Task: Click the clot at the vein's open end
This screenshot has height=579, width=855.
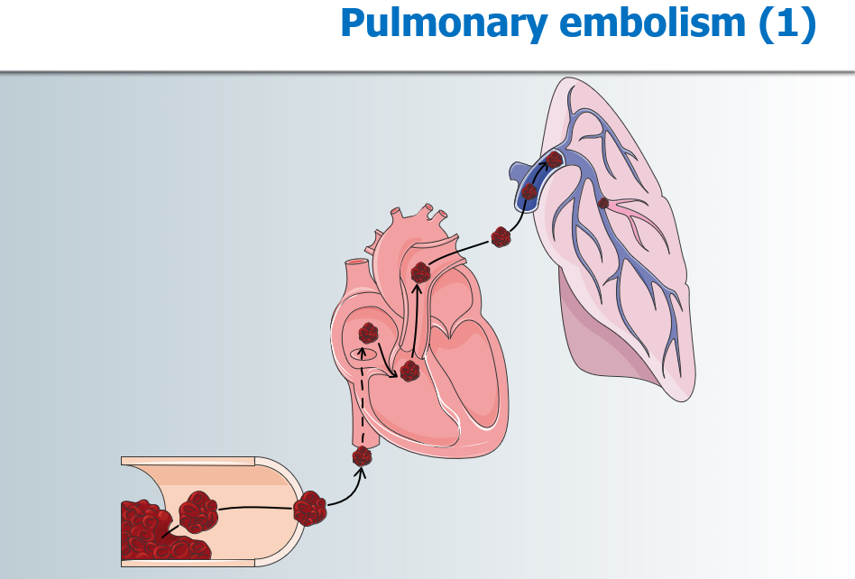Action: [309, 510]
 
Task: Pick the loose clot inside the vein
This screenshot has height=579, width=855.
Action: [198, 512]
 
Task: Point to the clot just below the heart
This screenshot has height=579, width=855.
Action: [362, 456]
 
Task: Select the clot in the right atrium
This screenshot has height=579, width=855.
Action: [368, 334]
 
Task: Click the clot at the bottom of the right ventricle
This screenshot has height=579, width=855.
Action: [410, 370]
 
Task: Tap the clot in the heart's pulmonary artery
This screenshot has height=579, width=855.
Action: [420, 272]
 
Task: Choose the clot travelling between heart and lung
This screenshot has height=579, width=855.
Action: [501, 237]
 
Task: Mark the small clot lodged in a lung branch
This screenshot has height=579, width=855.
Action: [603, 203]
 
